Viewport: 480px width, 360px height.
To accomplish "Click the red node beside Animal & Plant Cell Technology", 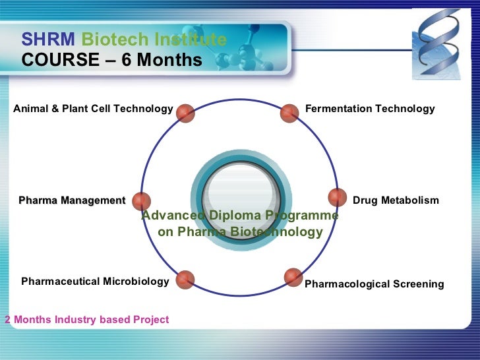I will click(x=186, y=113).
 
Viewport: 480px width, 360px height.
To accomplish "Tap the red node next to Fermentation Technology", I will click(x=289, y=113).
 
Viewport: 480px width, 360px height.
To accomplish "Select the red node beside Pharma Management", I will click(x=141, y=201).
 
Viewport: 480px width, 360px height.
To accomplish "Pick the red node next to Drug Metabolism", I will click(x=337, y=198).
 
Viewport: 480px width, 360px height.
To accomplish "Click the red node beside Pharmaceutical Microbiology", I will click(x=185, y=280).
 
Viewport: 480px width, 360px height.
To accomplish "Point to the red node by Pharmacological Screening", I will click(x=293, y=277).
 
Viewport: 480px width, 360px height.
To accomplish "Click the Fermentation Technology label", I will click(x=370, y=109).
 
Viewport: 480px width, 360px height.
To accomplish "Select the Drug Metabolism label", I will click(x=396, y=200).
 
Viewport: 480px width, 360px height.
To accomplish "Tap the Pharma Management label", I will click(x=72, y=200).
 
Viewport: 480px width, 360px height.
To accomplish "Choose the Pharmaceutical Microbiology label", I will click(x=95, y=282).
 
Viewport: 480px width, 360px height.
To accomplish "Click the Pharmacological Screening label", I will click(x=374, y=284).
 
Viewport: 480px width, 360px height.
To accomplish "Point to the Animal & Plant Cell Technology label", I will click(x=92, y=109).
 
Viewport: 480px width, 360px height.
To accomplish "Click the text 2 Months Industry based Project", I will click(x=86, y=320).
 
